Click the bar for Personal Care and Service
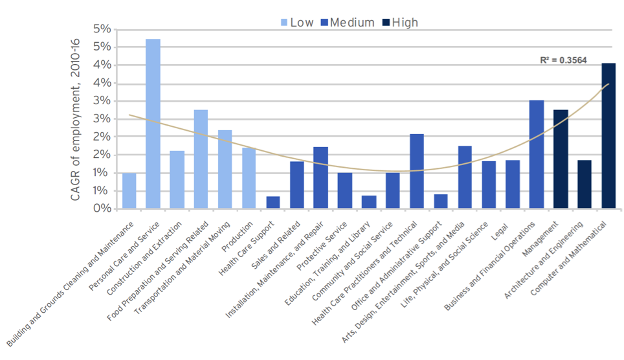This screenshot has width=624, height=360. [153, 124]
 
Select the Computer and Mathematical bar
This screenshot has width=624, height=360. [608, 136]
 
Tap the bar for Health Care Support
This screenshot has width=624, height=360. [273, 202]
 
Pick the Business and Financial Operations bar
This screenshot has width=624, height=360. [537, 154]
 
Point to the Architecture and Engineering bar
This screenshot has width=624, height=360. [584, 184]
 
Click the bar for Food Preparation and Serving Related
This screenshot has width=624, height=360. [201, 159]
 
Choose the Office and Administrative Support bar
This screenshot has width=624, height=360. [441, 201]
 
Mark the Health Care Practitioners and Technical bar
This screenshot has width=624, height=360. [417, 171]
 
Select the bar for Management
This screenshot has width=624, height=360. [561, 159]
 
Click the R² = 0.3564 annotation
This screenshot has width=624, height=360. [563, 60]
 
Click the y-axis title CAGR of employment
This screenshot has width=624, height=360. [76, 119]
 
